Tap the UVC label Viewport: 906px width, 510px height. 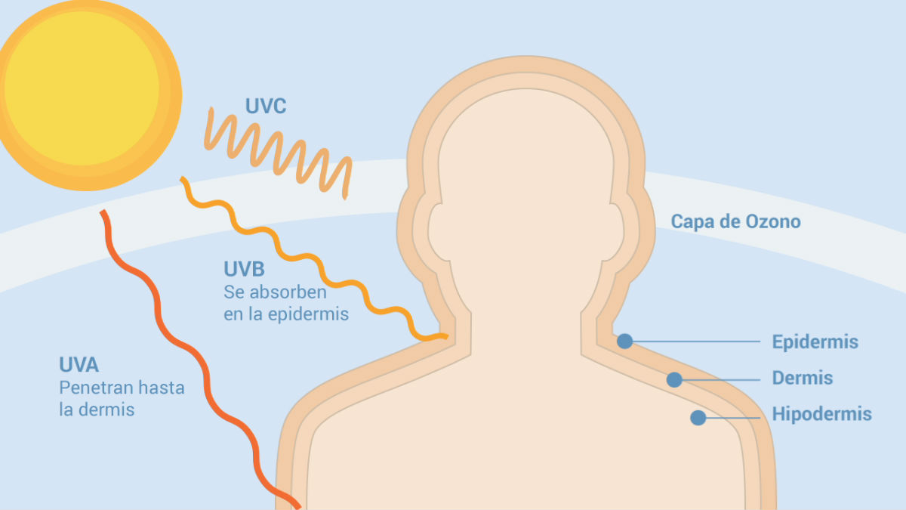point(266,106)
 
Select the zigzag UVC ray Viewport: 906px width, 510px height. point(278,154)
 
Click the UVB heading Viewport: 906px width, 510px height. point(244,269)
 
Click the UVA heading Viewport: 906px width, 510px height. point(79,365)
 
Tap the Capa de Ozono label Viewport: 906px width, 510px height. point(735,222)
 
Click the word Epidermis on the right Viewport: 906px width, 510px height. point(815,342)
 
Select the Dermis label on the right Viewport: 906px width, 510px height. point(803,378)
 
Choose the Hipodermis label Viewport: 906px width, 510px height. point(822,414)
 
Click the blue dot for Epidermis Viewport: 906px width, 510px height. point(625,342)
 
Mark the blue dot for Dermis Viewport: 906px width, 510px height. point(674,379)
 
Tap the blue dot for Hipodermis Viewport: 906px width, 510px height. point(698,418)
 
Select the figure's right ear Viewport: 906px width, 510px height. point(614,232)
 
